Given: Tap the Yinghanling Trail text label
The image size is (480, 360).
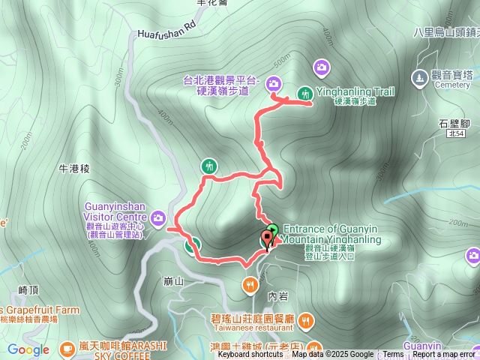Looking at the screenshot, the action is (x=355, y=91).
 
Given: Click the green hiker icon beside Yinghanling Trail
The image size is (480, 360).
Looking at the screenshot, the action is (x=304, y=94).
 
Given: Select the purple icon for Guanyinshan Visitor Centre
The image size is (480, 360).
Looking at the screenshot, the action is (x=157, y=218).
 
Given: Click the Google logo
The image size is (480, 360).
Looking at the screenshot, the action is (x=28, y=349).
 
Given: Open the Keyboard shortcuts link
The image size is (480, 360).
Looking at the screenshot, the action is (x=250, y=355).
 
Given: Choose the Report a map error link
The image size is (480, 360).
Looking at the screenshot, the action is (x=443, y=355).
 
